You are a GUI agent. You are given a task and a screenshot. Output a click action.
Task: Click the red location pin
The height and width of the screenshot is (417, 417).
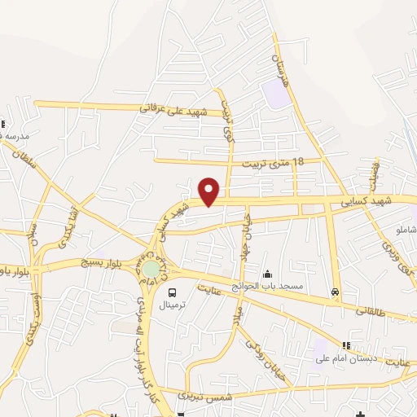209,191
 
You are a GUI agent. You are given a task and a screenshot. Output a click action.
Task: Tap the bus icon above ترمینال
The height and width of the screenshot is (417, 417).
172,292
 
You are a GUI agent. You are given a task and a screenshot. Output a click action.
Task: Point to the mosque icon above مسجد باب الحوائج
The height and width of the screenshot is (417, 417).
267,274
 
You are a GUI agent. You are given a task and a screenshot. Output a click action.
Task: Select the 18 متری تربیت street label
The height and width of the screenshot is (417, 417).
273,162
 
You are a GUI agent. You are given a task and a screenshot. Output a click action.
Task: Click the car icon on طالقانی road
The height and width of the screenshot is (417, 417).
336,292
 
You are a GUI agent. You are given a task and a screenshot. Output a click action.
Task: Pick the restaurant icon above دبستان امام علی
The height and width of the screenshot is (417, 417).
346,345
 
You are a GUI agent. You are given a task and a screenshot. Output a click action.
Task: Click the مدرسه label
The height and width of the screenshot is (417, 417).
16,134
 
